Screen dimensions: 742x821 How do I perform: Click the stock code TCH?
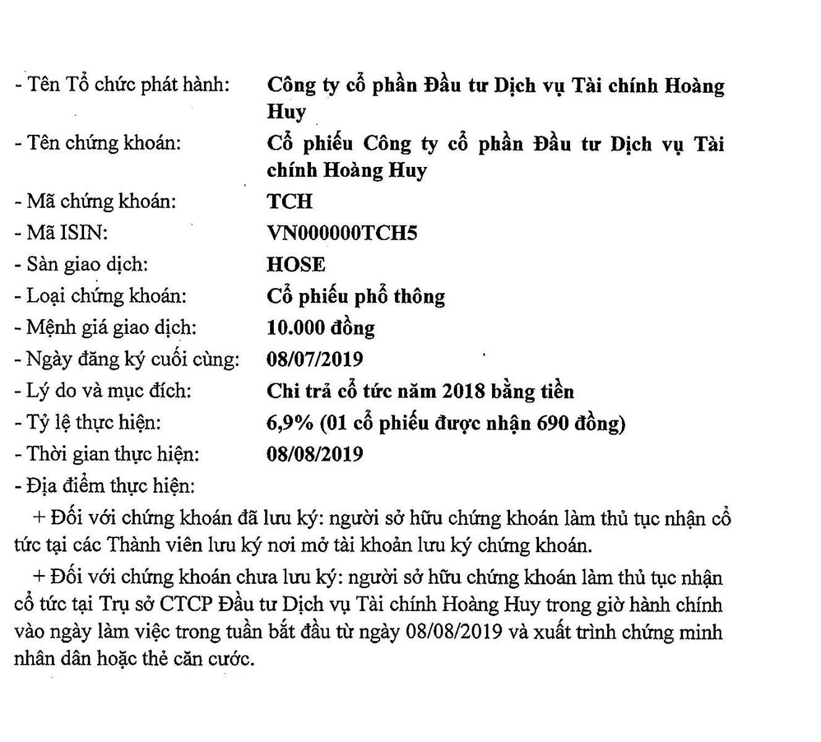[x=289, y=202]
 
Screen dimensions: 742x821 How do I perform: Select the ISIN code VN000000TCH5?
[x=342, y=233]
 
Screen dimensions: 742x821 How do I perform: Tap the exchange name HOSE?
[x=296, y=265]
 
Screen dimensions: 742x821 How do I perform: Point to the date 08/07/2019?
[x=315, y=359]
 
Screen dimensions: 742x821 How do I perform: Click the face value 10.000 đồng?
[x=320, y=328]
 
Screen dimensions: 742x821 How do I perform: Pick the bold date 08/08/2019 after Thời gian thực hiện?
[x=315, y=454]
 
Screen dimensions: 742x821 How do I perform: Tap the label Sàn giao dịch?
[x=87, y=265]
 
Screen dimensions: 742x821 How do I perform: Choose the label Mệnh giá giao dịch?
[x=111, y=328]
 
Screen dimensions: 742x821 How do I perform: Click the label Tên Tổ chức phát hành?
[x=127, y=85]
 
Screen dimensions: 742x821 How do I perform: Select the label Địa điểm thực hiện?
[x=110, y=486]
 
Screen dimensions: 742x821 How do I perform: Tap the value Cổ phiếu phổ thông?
[x=355, y=297]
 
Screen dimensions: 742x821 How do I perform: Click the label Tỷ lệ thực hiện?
[x=93, y=423]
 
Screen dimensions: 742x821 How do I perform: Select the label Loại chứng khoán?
[x=106, y=296]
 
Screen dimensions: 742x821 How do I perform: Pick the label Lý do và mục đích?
[x=108, y=391]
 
